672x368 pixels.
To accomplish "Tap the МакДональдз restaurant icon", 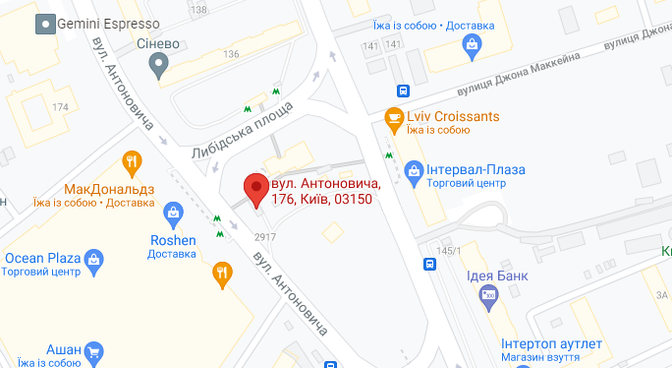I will point(131,163).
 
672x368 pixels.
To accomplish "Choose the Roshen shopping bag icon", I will point(173,212).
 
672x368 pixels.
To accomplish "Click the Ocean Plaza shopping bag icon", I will point(94,259).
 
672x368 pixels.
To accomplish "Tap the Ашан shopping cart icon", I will point(94,351).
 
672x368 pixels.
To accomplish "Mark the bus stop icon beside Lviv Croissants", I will point(403,91).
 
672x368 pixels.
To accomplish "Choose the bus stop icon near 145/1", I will point(429,264).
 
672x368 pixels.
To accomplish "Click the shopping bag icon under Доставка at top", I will point(473,44).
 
